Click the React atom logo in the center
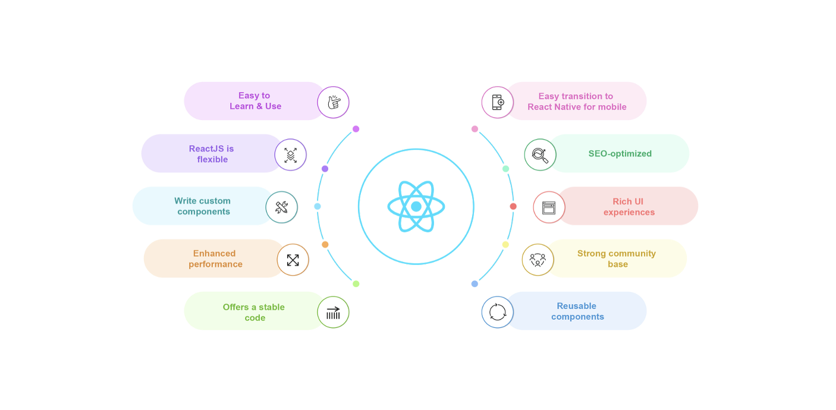[x=416, y=207]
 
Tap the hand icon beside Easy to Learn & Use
[x=333, y=102]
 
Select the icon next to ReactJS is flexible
[x=290, y=154]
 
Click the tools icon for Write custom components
[x=281, y=207]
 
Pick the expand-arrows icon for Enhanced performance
[x=293, y=260]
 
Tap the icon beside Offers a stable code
[x=333, y=312]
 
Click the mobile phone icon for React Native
[x=497, y=102]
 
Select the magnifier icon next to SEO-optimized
[x=540, y=154]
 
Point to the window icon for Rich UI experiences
[x=549, y=207]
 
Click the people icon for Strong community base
[x=538, y=260]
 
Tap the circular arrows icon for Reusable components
[x=497, y=312]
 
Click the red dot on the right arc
[x=513, y=206]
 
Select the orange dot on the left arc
[x=325, y=244]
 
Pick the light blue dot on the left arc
[x=318, y=206]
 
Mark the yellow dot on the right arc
[x=505, y=244]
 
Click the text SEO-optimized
[x=620, y=153]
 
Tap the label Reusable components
[x=577, y=311]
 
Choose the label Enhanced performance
[x=215, y=258]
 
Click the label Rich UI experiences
[x=628, y=207]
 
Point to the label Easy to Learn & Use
[x=255, y=101]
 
